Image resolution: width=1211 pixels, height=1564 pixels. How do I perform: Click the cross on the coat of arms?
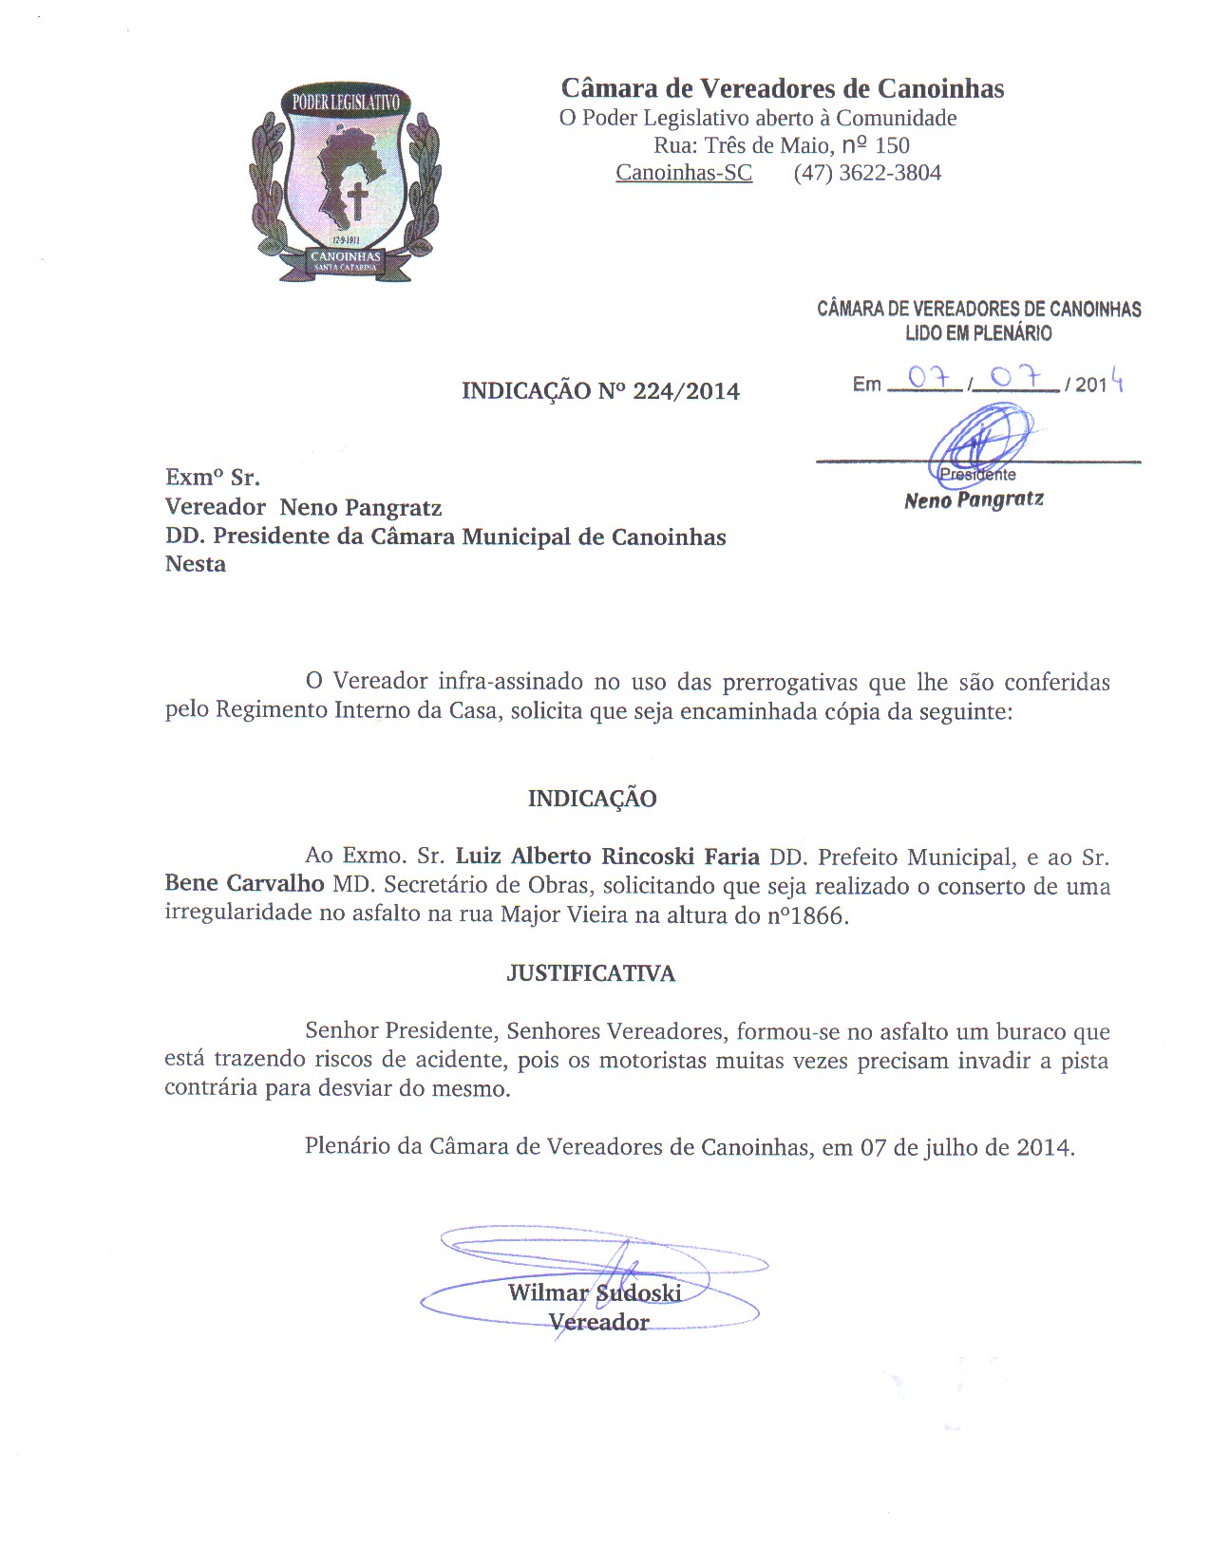(357, 201)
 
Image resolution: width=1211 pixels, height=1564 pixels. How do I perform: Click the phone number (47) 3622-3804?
(867, 173)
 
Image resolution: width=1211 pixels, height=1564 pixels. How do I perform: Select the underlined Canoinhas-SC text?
(684, 173)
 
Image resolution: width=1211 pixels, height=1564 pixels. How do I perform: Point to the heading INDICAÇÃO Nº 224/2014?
(600, 391)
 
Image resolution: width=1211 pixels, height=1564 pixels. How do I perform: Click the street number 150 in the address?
(892, 146)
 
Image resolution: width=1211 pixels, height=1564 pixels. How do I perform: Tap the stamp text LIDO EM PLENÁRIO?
(978, 333)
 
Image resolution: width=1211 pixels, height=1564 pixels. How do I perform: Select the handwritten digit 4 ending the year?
(1118, 381)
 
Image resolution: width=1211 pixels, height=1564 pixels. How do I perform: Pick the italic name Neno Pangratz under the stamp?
(974, 499)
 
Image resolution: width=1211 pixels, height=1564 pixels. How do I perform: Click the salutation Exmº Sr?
(213, 477)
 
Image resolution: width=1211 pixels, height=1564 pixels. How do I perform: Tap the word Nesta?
(196, 564)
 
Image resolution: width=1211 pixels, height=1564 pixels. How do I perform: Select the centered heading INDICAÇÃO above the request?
(592, 799)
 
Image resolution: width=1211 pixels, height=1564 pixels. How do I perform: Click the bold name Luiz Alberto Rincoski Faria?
(607, 857)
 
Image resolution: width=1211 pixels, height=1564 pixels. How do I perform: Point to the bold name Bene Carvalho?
(244, 884)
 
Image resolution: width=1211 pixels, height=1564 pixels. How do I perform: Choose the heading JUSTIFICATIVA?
(591, 973)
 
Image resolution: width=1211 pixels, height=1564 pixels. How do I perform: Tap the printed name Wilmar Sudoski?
(595, 1292)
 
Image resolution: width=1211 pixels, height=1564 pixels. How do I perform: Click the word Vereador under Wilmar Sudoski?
(599, 1322)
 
